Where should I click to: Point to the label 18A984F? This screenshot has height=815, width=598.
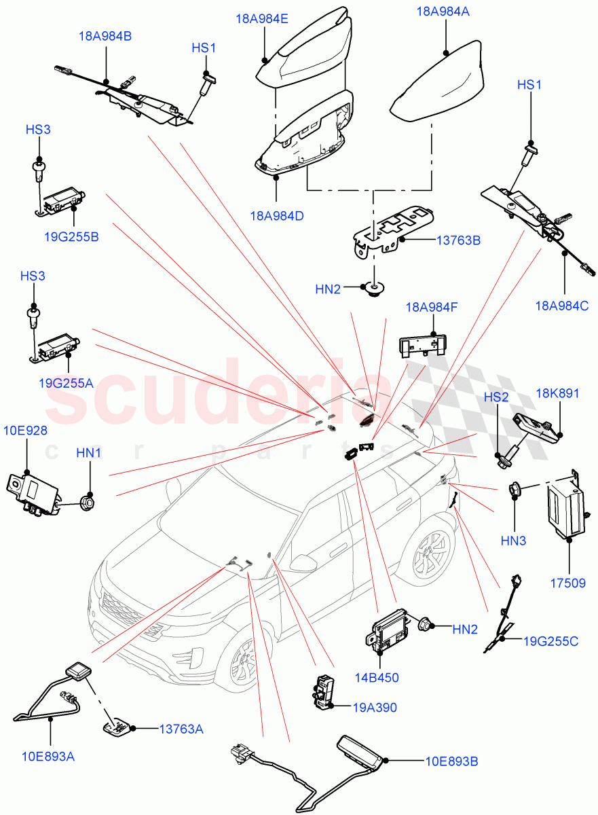pos(432,307)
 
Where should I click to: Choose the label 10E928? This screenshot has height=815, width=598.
pos(26,431)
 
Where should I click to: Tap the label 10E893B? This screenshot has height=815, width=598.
pos(451,761)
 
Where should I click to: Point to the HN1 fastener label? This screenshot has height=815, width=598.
pos(89,452)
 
